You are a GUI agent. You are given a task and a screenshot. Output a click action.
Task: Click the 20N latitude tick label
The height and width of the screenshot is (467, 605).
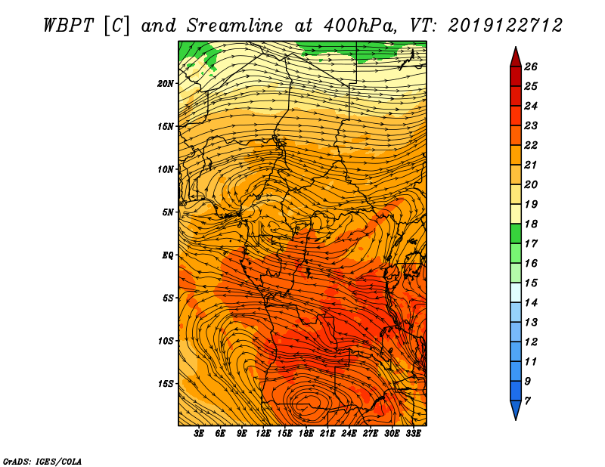(166, 83)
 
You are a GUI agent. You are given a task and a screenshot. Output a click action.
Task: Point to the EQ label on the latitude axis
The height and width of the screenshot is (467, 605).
(168, 255)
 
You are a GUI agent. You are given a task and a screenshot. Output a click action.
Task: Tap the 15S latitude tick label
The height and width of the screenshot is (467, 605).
(166, 384)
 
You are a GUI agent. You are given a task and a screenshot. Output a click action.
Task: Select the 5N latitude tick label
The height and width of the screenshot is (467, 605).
(168, 212)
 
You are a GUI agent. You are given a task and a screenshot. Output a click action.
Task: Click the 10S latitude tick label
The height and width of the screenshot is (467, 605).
(166, 341)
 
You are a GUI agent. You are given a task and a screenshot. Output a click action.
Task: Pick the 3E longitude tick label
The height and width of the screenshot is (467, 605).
(199, 433)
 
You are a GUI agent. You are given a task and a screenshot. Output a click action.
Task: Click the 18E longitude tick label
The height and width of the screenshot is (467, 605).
(306, 433)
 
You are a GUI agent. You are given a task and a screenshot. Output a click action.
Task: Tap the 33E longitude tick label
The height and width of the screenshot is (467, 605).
(413, 433)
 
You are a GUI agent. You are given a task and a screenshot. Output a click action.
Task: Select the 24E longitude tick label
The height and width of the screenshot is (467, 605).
(349, 433)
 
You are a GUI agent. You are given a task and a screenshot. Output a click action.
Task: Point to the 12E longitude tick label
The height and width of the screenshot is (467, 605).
(263, 433)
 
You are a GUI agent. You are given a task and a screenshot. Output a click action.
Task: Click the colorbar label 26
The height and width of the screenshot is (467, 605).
(531, 66)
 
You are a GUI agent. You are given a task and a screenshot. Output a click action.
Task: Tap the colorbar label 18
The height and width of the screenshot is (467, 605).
(531, 224)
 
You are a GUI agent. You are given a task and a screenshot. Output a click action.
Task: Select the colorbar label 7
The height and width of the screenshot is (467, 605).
(528, 401)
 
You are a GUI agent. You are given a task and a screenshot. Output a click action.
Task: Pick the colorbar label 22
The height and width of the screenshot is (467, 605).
(531, 145)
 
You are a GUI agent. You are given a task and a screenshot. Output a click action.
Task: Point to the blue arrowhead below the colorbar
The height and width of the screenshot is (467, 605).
(516, 410)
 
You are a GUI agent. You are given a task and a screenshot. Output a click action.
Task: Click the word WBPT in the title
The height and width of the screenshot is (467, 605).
(68, 26)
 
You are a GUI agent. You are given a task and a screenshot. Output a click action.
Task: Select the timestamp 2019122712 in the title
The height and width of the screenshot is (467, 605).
(505, 26)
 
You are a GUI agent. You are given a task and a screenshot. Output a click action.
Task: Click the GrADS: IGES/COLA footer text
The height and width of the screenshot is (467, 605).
(42, 462)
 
